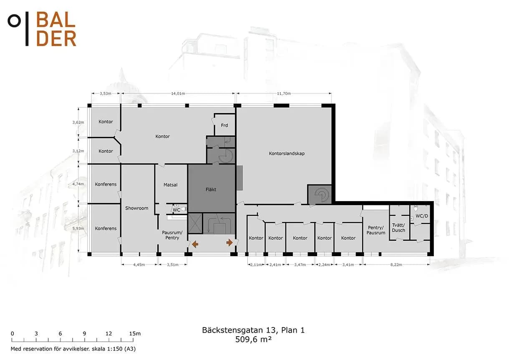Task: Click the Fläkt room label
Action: tap(211, 189)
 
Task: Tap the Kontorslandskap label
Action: tap(287, 154)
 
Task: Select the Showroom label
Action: tap(136, 208)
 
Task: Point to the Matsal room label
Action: tap(170, 185)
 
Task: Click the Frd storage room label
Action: tap(224, 125)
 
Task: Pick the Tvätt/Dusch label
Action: tap(398, 228)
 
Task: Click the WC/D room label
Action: tap(422, 216)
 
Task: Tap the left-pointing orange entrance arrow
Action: tap(195, 244)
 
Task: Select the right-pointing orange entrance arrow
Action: tap(229, 243)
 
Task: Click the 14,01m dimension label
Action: tap(178, 93)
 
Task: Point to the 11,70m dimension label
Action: tap(284, 93)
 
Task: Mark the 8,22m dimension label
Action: tap(396, 264)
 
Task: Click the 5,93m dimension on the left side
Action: tap(78, 228)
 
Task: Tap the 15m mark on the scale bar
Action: tap(135, 334)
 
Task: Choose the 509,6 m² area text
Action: tap(253, 340)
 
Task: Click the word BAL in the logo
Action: tap(55, 20)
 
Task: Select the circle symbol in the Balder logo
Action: tap(14, 21)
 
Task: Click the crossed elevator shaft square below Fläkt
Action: tap(195, 223)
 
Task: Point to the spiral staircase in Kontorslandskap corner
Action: tap(321, 194)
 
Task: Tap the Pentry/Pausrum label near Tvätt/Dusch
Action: tap(376, 230)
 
